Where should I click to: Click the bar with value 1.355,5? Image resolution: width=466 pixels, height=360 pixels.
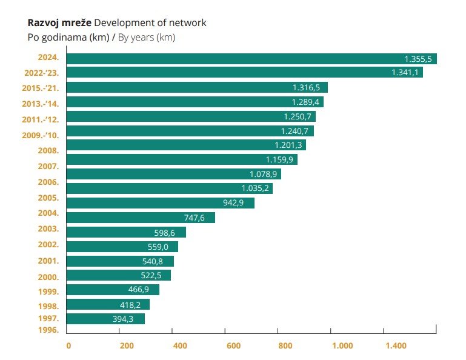[x=251, y=59]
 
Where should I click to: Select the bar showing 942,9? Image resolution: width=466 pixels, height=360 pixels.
[x=160, y=203]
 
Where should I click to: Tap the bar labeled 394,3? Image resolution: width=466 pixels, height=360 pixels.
[x=105, y=319]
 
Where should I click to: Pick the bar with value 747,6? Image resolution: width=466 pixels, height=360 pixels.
[x=141, y=218]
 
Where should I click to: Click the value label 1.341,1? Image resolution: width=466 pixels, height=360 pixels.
[x=405, y=73]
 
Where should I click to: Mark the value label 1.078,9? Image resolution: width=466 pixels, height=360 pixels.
[x=263, y=175]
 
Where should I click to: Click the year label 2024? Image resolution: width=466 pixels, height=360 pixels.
[x=48, y=58]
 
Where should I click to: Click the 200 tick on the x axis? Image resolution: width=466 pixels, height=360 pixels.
[x=127, y=346]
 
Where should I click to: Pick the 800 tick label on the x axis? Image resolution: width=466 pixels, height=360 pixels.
[x=285, y=346]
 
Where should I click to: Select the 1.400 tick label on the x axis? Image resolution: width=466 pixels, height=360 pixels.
[x=396, y=346]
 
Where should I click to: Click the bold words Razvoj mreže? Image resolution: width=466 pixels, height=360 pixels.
[x=59, y=23]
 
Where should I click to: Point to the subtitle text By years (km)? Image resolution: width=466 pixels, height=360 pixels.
[x=146, y=38]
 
